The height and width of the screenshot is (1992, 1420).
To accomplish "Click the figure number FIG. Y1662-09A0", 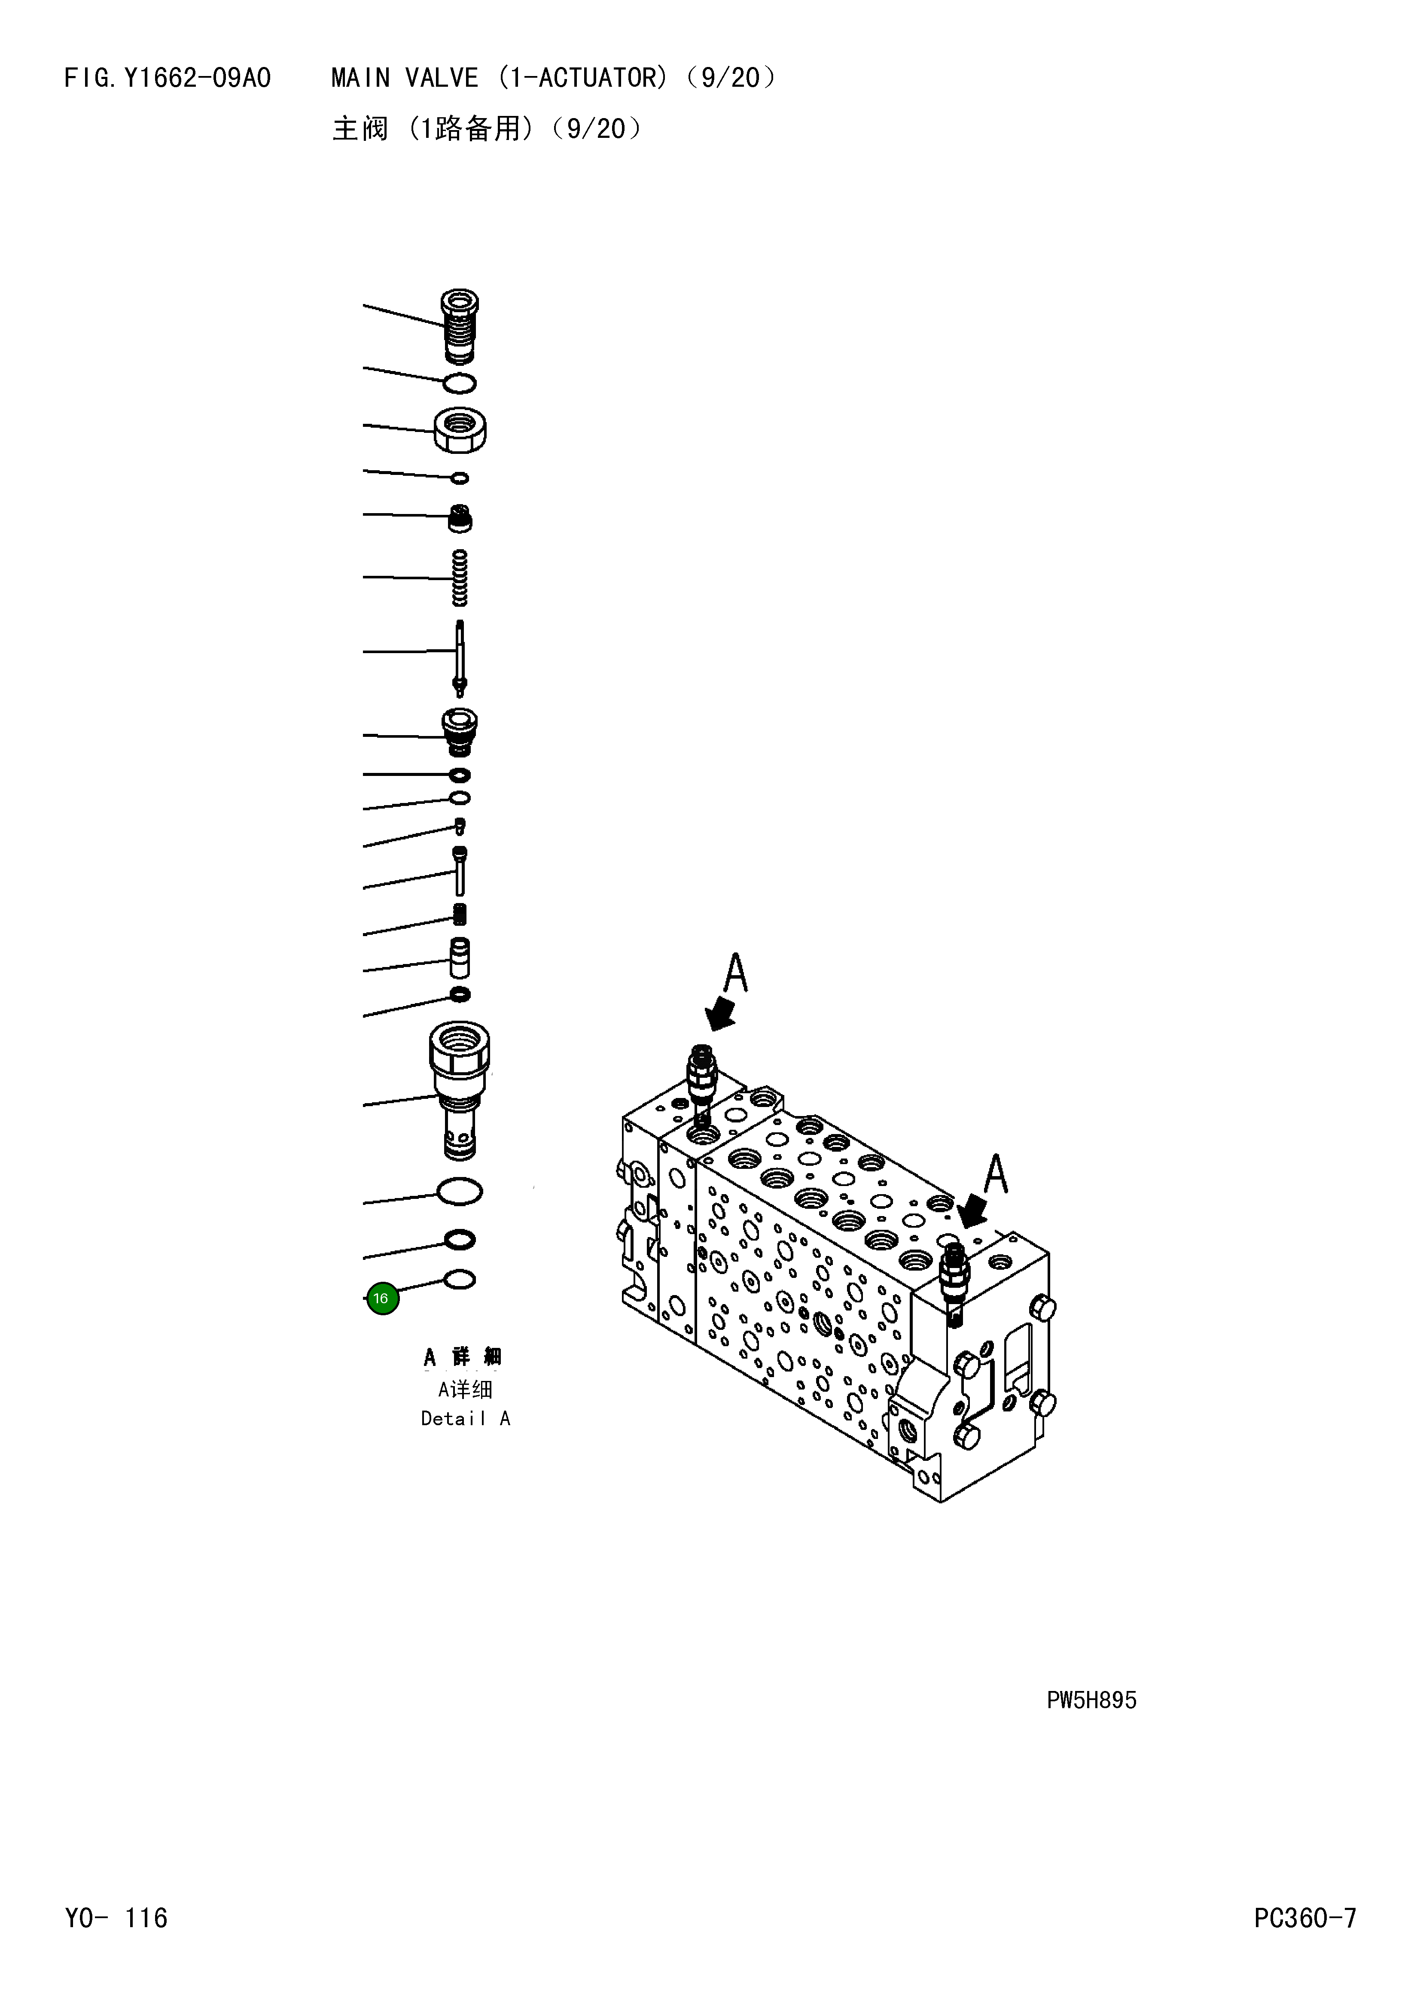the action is tap(168, 79).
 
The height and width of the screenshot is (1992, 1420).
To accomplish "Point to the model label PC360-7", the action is tap(1304, 1918).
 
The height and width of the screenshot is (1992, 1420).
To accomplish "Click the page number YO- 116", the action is tap(116, 1918).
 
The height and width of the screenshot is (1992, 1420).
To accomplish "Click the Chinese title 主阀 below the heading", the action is tap(360, 129).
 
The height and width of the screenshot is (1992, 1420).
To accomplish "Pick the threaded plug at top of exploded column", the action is tap(460, 326).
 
